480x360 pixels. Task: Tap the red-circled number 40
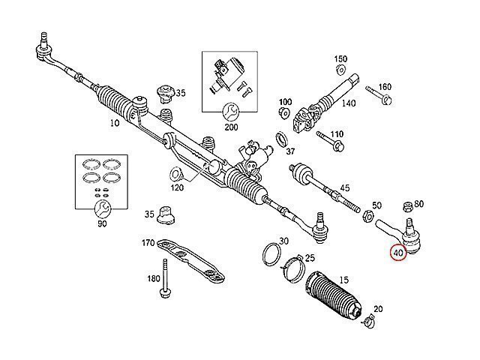(x=398, y=253)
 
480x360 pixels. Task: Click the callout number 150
(x=341, y=59)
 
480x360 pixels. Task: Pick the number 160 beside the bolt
(x=385, y=87)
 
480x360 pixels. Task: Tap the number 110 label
(x=337, y=134)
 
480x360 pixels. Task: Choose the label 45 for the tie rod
(x=345, y=187)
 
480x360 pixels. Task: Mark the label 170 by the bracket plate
(x=148, y=243)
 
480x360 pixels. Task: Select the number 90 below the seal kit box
(x=102, y=223)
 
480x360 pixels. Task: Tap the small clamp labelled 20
(x=367, y=323)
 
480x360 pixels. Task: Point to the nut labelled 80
(x=406, y=206)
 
